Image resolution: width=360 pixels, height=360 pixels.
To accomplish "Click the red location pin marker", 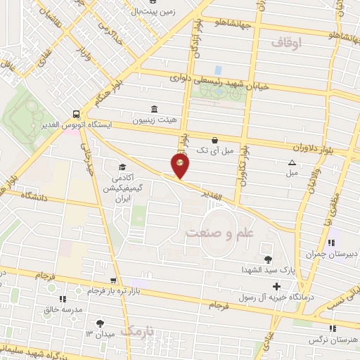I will coord(180,166).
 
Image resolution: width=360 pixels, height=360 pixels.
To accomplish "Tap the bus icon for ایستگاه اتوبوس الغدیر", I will coord(76,113).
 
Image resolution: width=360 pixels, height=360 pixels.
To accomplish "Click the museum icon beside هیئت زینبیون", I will coord(154,109).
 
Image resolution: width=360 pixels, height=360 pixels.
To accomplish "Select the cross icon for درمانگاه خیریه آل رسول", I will coord(276,287).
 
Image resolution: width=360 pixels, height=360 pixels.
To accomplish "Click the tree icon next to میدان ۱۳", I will coord(99,323).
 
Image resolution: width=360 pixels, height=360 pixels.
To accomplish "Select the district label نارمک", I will coord(135,330).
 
